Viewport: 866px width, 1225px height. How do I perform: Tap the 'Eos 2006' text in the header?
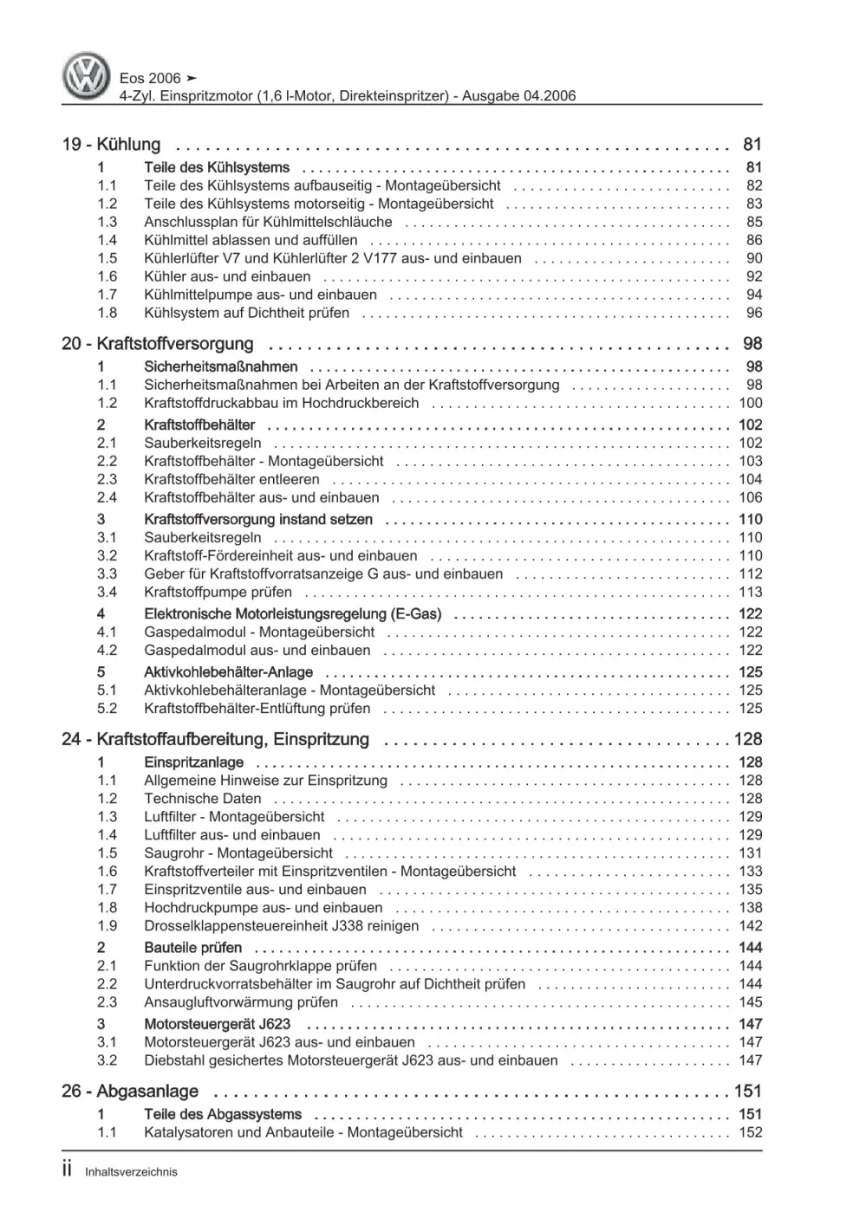pos(150,78)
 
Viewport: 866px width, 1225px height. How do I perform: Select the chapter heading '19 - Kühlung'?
pos(111,145)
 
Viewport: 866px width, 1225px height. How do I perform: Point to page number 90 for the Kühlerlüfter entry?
pos(753,258)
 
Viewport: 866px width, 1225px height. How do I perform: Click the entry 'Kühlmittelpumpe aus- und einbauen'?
pos(260,295)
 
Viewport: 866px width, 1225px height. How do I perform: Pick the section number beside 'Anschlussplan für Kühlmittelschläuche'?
pos(107,222)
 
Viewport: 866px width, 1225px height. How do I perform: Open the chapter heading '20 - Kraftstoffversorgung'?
pos(158,344)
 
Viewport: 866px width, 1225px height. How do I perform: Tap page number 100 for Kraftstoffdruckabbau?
pos(750,403)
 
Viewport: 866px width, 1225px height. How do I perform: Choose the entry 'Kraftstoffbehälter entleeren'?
pos(231,479)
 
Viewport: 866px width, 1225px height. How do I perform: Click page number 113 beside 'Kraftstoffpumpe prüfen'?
pos(750,592)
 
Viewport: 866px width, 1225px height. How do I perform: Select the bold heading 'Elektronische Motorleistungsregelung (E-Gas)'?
pos(292,614)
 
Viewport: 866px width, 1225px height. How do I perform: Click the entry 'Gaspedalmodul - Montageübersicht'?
pos(259,632)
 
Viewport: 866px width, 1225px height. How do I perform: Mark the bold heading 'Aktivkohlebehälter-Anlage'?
pos(228,672)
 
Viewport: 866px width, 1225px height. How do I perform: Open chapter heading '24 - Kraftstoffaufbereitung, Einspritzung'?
pos(216,740)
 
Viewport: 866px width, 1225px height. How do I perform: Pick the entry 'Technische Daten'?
pos(202,799)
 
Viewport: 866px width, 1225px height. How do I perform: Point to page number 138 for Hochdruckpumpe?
pos(750,908)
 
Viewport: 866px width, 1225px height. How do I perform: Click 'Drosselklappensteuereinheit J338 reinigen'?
pos(281,926)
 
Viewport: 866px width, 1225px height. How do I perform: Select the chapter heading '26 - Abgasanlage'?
pos(130,1092)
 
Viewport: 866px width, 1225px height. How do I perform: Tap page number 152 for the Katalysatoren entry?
pos(750,1132)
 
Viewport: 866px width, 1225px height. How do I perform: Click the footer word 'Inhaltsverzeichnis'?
pos(131,1172)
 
